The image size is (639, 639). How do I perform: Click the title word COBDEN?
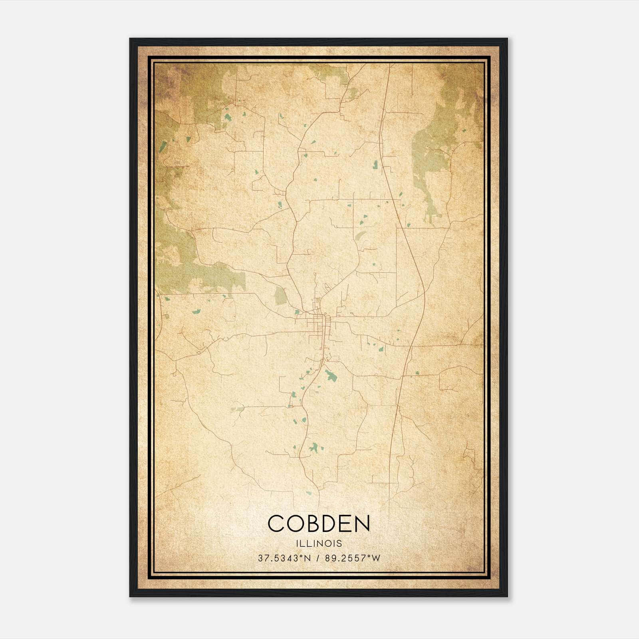click(319, 524)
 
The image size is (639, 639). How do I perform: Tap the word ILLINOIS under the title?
click(319, 544)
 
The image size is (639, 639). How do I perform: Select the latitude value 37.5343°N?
click(284, 558)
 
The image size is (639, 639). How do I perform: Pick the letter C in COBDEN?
click(276, 524)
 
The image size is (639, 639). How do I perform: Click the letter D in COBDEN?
click(330, 524)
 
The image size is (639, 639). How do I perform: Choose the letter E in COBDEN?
click(346, 524)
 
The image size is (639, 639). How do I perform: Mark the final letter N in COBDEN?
click(362, 524)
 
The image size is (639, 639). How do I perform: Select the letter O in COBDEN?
click(295, 524)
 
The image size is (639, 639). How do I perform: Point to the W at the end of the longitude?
click(376, 558)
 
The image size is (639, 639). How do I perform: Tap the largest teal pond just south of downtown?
click(330, 375)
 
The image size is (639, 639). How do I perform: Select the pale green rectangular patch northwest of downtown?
click(280, 296)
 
